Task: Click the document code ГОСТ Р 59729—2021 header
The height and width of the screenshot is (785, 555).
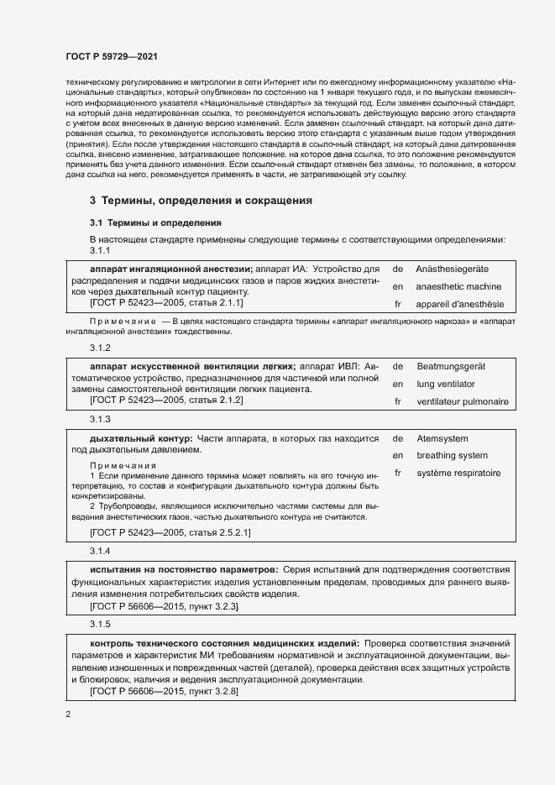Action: point(111,55)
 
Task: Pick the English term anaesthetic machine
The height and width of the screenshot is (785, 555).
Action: point(458,286)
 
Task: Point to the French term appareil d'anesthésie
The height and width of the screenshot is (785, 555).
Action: point(460,305)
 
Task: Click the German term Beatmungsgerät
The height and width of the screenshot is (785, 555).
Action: point(451,366)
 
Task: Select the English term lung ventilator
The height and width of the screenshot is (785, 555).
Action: point(445,384)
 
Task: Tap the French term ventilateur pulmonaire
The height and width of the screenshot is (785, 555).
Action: point(463,401)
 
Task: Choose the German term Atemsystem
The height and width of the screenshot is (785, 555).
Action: point(442,438)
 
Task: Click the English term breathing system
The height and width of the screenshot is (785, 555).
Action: point(452,456)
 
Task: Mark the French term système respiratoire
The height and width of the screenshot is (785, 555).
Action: point(458,474)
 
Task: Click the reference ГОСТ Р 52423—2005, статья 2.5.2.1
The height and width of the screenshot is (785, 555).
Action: point(170,533)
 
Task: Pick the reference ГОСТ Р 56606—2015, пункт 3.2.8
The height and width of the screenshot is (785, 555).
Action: point(164,691)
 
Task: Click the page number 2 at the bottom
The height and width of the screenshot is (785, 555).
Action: point(68,714)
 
